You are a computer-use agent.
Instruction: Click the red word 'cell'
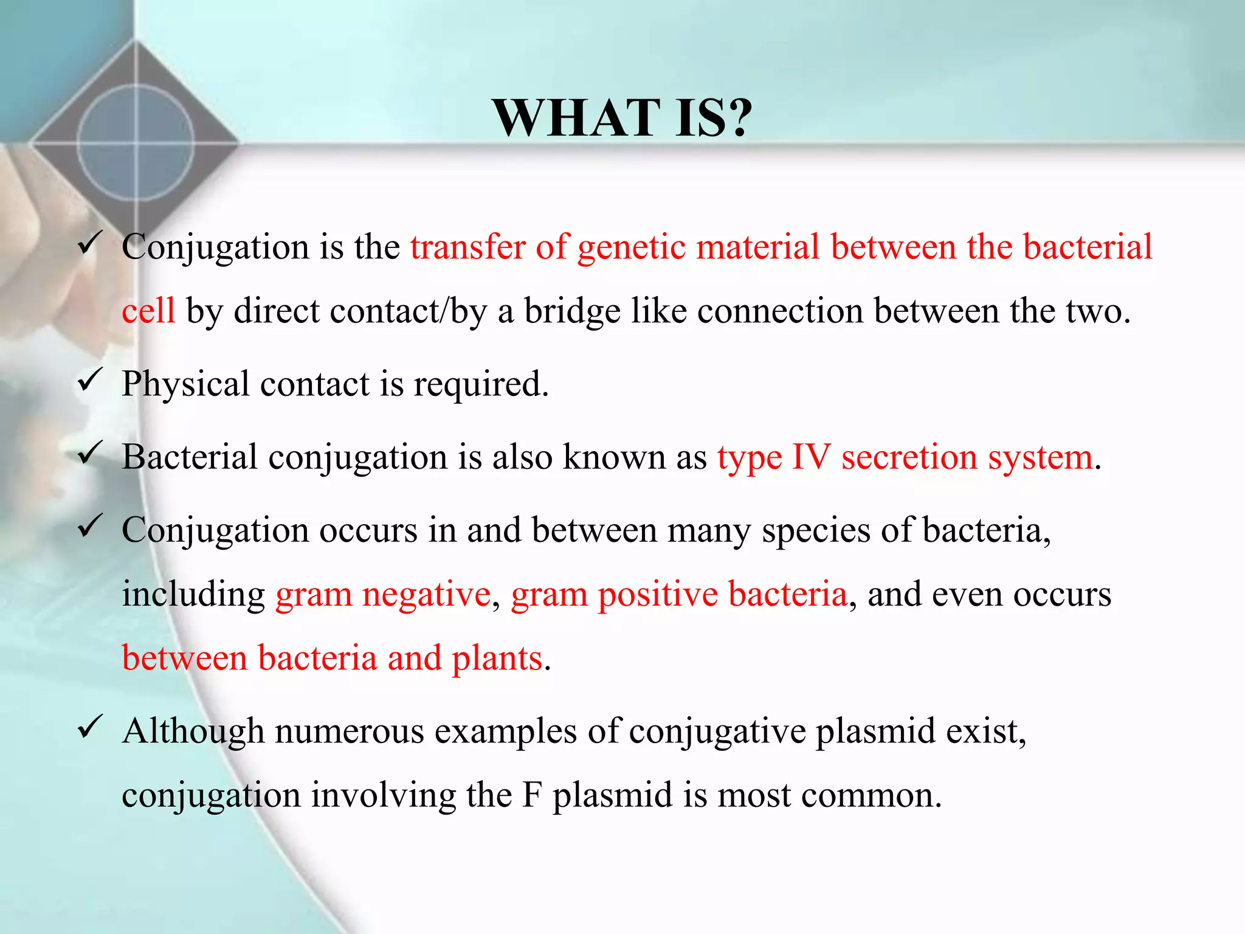[148, 311]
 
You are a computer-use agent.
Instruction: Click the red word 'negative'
[426, 595]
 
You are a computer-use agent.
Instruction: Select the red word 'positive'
[657, 595]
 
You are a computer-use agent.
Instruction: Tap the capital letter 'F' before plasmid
[531, 795]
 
